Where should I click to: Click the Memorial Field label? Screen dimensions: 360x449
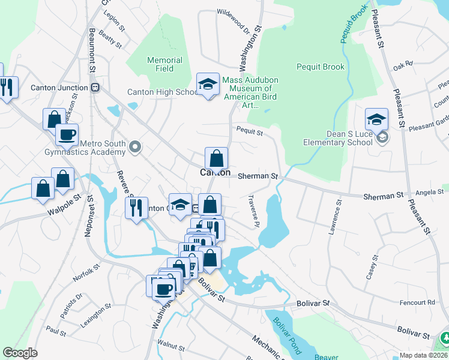point(165,64)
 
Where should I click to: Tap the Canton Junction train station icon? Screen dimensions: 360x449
point(95,88)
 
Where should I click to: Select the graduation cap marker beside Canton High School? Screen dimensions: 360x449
point(208,85)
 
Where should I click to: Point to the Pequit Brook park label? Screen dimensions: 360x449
point(321,67)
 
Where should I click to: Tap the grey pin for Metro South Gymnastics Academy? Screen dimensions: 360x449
point(136,146)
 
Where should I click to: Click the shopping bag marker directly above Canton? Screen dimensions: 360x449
point(216,158)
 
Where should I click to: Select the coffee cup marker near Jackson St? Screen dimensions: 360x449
point(67,134)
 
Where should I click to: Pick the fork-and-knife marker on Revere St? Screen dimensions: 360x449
point(136,208)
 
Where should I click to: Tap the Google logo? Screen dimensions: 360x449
point(20,353)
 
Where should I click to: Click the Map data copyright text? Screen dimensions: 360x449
point(421,355)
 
